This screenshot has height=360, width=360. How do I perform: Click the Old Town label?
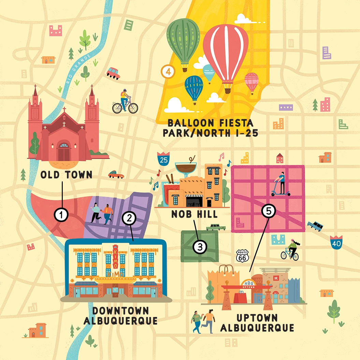[x=66, y=175]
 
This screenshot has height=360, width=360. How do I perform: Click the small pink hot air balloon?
[x=252, y=82]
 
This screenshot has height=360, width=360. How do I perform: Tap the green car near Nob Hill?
[x=215, y=227]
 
